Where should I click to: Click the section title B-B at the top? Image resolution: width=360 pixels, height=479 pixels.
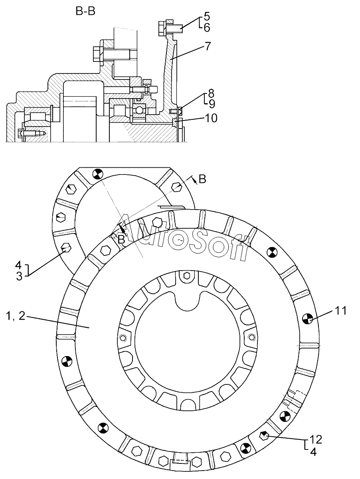pos(85,11)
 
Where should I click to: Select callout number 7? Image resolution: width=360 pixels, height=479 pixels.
pos(208,46)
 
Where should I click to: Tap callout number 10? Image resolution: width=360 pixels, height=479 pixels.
pos(211,118)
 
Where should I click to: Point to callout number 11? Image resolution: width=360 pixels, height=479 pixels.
pos(340,311)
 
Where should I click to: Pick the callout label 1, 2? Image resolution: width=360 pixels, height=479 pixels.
pos(16,316)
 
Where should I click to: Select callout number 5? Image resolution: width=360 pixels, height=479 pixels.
pos(207,16)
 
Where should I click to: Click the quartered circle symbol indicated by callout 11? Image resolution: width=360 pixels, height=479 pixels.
pos(308,320)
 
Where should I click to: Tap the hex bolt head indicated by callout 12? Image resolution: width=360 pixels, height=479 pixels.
pos(263,435)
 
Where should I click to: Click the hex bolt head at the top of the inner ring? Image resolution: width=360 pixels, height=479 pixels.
pos(186,275)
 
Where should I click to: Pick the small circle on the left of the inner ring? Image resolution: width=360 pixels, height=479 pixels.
pos(123,338)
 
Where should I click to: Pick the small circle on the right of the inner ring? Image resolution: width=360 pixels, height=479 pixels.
pos(252,337)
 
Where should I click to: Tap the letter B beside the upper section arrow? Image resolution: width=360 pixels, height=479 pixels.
pos(202,179)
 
